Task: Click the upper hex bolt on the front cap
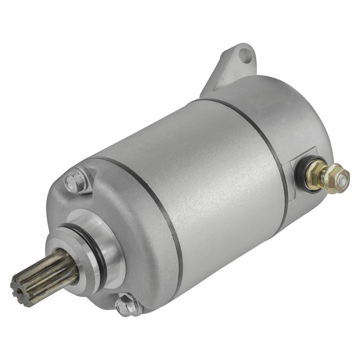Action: coord(76,183)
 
